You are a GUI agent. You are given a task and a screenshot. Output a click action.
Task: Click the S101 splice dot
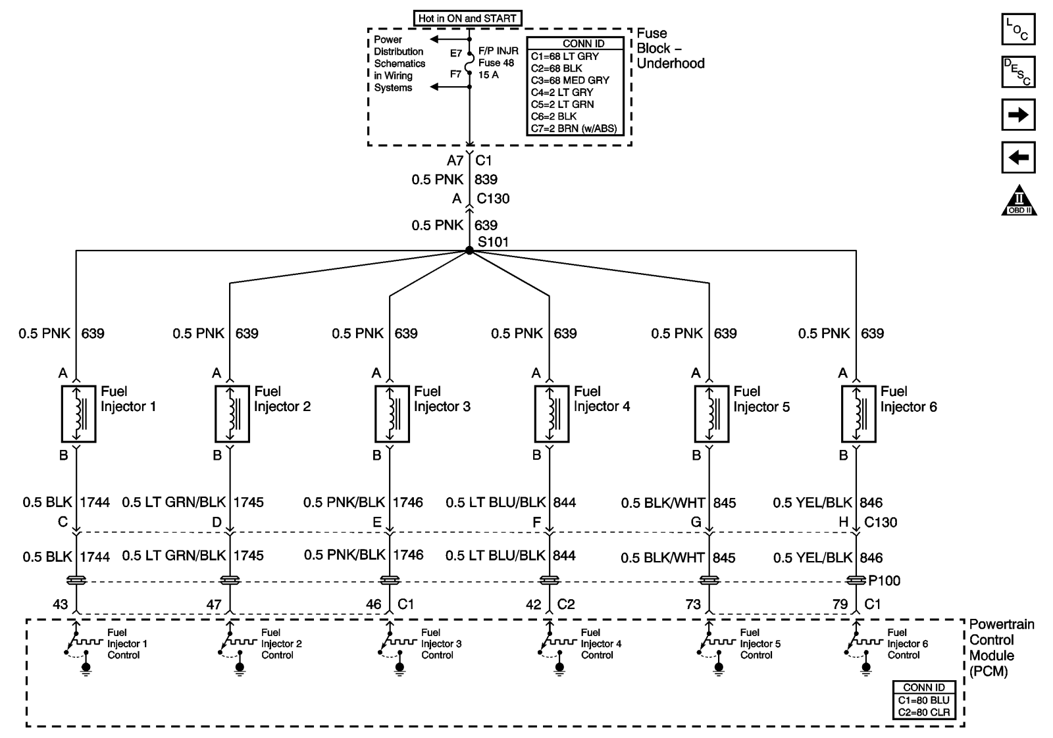click(x=469, y=250)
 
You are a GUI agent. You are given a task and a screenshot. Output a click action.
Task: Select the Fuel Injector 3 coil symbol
click(x=392, y=414)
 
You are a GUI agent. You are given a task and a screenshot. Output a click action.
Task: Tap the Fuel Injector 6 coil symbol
click(x=859, y=414)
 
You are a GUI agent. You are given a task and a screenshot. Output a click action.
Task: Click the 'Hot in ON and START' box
click(x=467, y=18)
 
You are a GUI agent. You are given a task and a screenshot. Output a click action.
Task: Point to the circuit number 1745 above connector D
click(x=249, y=503)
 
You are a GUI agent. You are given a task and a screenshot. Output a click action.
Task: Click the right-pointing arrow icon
click(x=1018, y=115)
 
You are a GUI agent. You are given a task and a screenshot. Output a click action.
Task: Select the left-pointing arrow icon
click(x=1018, y=158)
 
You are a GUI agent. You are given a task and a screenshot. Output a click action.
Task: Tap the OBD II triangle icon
click(x=1019, y=201)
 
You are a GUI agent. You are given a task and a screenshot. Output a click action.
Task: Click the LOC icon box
click(x=1018, y=29)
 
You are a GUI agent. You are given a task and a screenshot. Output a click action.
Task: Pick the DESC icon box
click(x=1018, y=72)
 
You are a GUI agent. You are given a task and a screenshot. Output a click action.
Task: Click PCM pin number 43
click(x=60, y=604)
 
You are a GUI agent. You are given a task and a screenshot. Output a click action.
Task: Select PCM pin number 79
click(x=840, y=604)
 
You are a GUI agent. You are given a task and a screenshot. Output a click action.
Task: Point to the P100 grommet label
click(x=884, y=581)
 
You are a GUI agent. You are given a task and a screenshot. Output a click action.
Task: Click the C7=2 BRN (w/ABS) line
click(x=574, y=128)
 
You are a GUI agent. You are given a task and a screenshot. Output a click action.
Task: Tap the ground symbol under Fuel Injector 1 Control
click(x=86, y=669)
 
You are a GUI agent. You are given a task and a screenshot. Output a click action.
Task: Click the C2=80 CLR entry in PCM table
click(x=924, y=712)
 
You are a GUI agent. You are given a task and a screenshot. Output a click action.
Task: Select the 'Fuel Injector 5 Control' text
click(x=760, y=644)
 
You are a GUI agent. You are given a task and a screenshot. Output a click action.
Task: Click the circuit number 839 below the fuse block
click(x=486, y=180)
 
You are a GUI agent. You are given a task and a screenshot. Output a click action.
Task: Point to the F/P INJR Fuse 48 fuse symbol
click(x=470, y=64)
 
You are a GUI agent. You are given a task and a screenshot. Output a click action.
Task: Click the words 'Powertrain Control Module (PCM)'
click(x=1001, y=648)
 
